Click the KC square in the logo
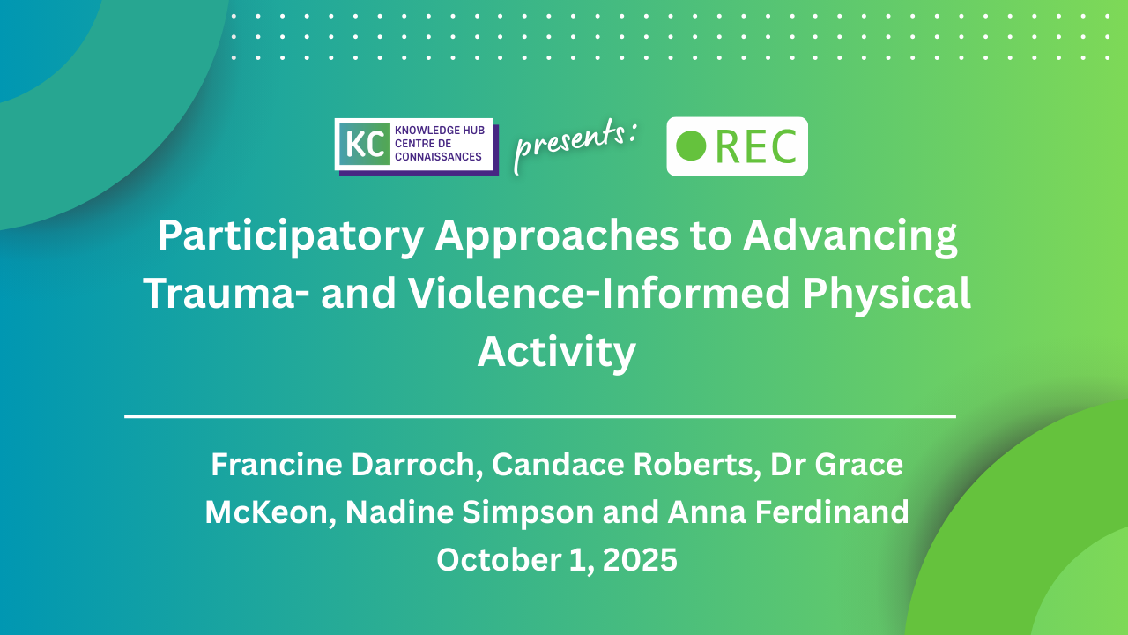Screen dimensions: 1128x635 click(x=364, y=144)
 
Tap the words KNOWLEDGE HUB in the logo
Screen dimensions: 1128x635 click(x=440, y=130)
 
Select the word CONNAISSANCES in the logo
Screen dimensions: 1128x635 click(x=438, y=157)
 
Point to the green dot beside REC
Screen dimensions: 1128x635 click(x=690, y=146)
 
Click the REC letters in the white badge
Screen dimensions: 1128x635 click(x=756, y=146)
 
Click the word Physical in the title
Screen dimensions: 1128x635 click(x=887, y=295)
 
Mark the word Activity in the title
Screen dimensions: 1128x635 click(x=556, y=353)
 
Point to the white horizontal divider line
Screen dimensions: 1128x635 click(x=540, y=416)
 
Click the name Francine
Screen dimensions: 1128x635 click(x=276, y=464)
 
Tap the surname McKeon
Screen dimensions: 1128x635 click(x=271, y=512)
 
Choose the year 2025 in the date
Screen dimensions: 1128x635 click(x=640, y=560)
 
